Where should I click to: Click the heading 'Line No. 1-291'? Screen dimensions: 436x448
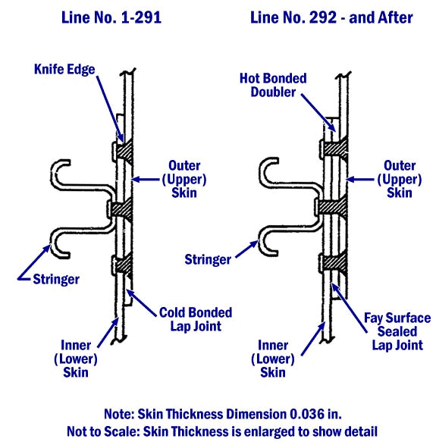(x=111, y=17)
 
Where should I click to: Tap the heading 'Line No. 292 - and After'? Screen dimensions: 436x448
(x=331, y=17)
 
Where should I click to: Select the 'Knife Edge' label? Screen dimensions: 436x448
(x=64, y=70)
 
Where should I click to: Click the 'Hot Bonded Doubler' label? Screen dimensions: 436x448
(x=273, y=85)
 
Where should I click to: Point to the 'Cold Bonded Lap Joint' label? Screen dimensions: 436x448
(x=196, y=319)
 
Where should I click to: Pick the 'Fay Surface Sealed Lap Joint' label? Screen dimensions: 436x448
(x=397, y=331)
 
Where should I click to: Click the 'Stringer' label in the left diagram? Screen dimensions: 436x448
(x=56, y=279)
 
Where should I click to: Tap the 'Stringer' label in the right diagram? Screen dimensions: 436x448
(x=208, y=260)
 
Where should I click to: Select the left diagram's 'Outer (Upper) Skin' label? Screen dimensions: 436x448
(x=184, y=179)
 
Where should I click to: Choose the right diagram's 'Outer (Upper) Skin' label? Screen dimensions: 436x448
(x=400, y=179)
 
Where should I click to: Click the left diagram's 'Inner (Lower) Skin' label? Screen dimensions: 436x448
(x=76, y=359)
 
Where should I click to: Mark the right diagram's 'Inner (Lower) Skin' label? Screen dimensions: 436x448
(x=273, y=359)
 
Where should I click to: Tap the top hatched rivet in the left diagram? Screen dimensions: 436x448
(x=122, y=151)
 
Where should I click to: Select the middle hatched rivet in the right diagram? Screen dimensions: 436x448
(x=331, y=206)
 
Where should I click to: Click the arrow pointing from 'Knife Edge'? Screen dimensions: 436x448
(x=110, y=109)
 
